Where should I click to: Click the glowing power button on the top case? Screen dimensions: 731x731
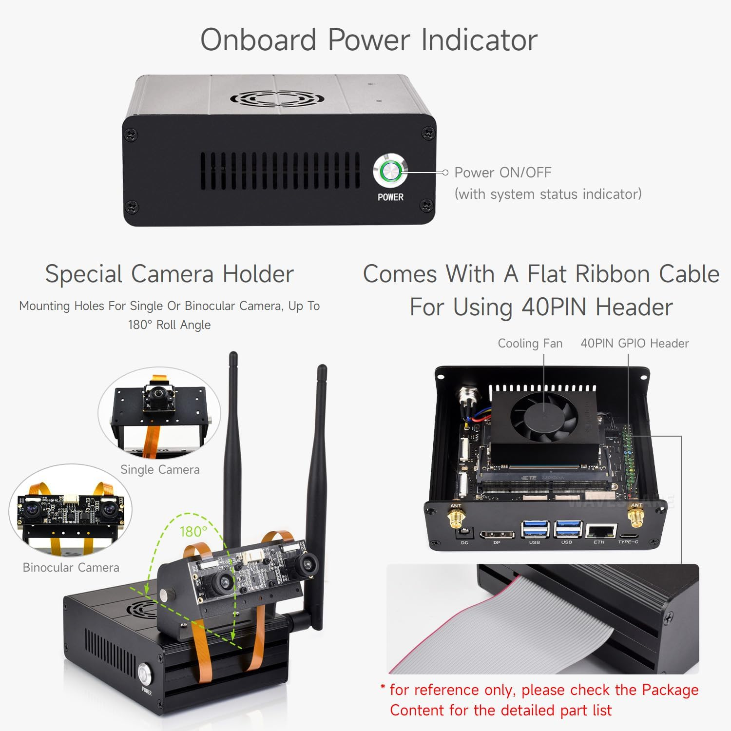point(390,172)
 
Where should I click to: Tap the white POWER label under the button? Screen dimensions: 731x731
point(390,197)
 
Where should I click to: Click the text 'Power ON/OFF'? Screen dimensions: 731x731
point(502,173)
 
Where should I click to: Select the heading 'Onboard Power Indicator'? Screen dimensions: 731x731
point(369,39)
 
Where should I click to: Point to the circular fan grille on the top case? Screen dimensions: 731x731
point(277,99)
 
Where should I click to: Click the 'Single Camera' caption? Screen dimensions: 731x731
point(160,469)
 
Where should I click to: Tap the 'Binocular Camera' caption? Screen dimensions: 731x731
point(71,567)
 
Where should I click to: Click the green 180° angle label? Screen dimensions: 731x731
point(193,531)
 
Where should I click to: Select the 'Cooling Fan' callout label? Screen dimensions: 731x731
point(530,343)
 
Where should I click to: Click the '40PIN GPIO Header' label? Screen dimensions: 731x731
point(635,343)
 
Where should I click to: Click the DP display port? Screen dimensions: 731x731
point(497,535)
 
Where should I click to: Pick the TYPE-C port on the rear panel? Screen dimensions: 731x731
point(628,535)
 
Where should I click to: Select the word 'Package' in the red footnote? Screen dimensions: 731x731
point(670,690)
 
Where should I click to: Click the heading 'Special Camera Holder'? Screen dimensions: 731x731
point(169,274)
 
